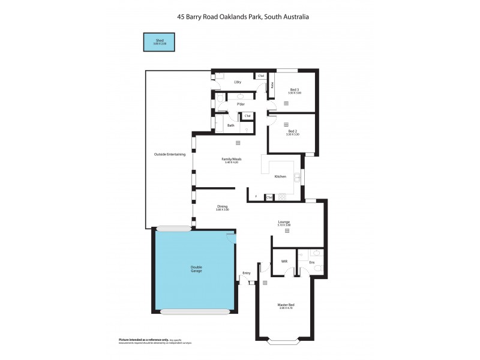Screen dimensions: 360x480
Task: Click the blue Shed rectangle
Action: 159,42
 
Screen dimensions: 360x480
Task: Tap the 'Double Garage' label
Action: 196,269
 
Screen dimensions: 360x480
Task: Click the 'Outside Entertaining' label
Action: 170,154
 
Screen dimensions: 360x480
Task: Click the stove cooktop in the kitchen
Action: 282,196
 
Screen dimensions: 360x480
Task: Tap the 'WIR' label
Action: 284,262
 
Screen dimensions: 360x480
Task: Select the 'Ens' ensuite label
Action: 311,262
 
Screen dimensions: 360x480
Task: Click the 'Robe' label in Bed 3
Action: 272,85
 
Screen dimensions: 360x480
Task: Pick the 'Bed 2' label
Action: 293,131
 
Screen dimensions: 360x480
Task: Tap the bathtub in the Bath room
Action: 220,125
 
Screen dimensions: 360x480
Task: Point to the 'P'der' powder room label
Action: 241,104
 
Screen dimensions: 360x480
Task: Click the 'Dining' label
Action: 223,206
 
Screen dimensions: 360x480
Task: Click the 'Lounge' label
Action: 284,221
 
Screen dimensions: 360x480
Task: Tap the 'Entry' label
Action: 246,273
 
